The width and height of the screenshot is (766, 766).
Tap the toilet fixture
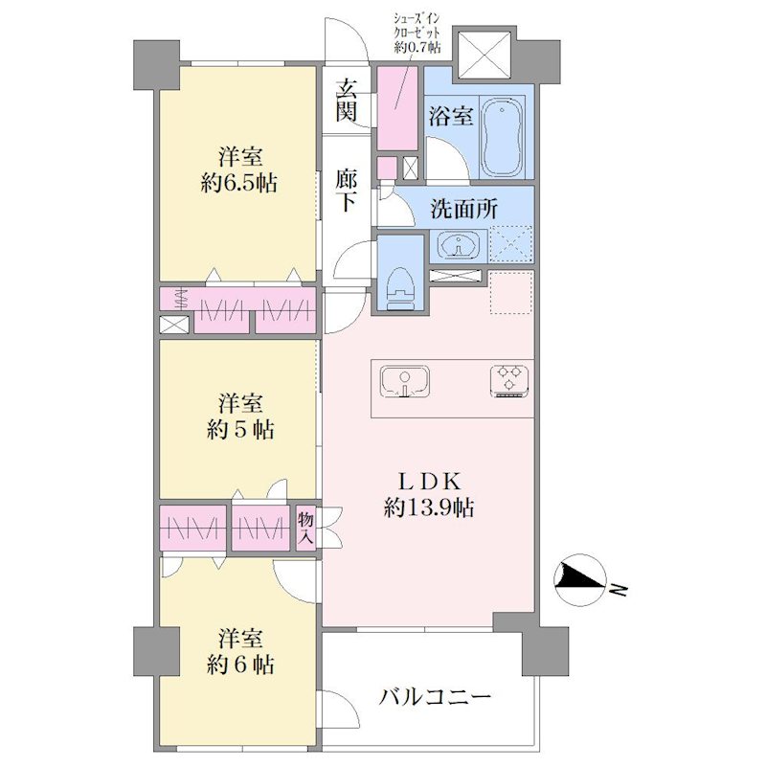tap(399, 288)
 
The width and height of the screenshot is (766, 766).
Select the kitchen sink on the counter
tap(405, 381)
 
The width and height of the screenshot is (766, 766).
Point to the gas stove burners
tap(509, 380)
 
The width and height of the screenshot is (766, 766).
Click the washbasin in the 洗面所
tap(459, 243)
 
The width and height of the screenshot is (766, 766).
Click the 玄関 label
tap(346, 101)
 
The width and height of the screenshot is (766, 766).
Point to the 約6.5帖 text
tap(238, 184)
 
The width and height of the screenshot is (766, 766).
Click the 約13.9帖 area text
tap(428, 508)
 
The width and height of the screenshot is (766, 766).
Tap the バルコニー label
tap(435, 697)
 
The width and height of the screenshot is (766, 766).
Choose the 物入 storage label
tap(306, 529)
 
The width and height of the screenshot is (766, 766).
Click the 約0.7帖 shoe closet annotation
tap(417, 47)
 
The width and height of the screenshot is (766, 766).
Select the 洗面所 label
tap(463, 209)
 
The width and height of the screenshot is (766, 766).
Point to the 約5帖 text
tap(240, 429)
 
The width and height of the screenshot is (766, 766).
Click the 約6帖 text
tap(240, 665)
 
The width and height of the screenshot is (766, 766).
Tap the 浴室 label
tap(451, 116)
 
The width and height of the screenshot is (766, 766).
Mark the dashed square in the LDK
tap(510, 293)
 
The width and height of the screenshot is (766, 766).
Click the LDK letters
tap(428, 483)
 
